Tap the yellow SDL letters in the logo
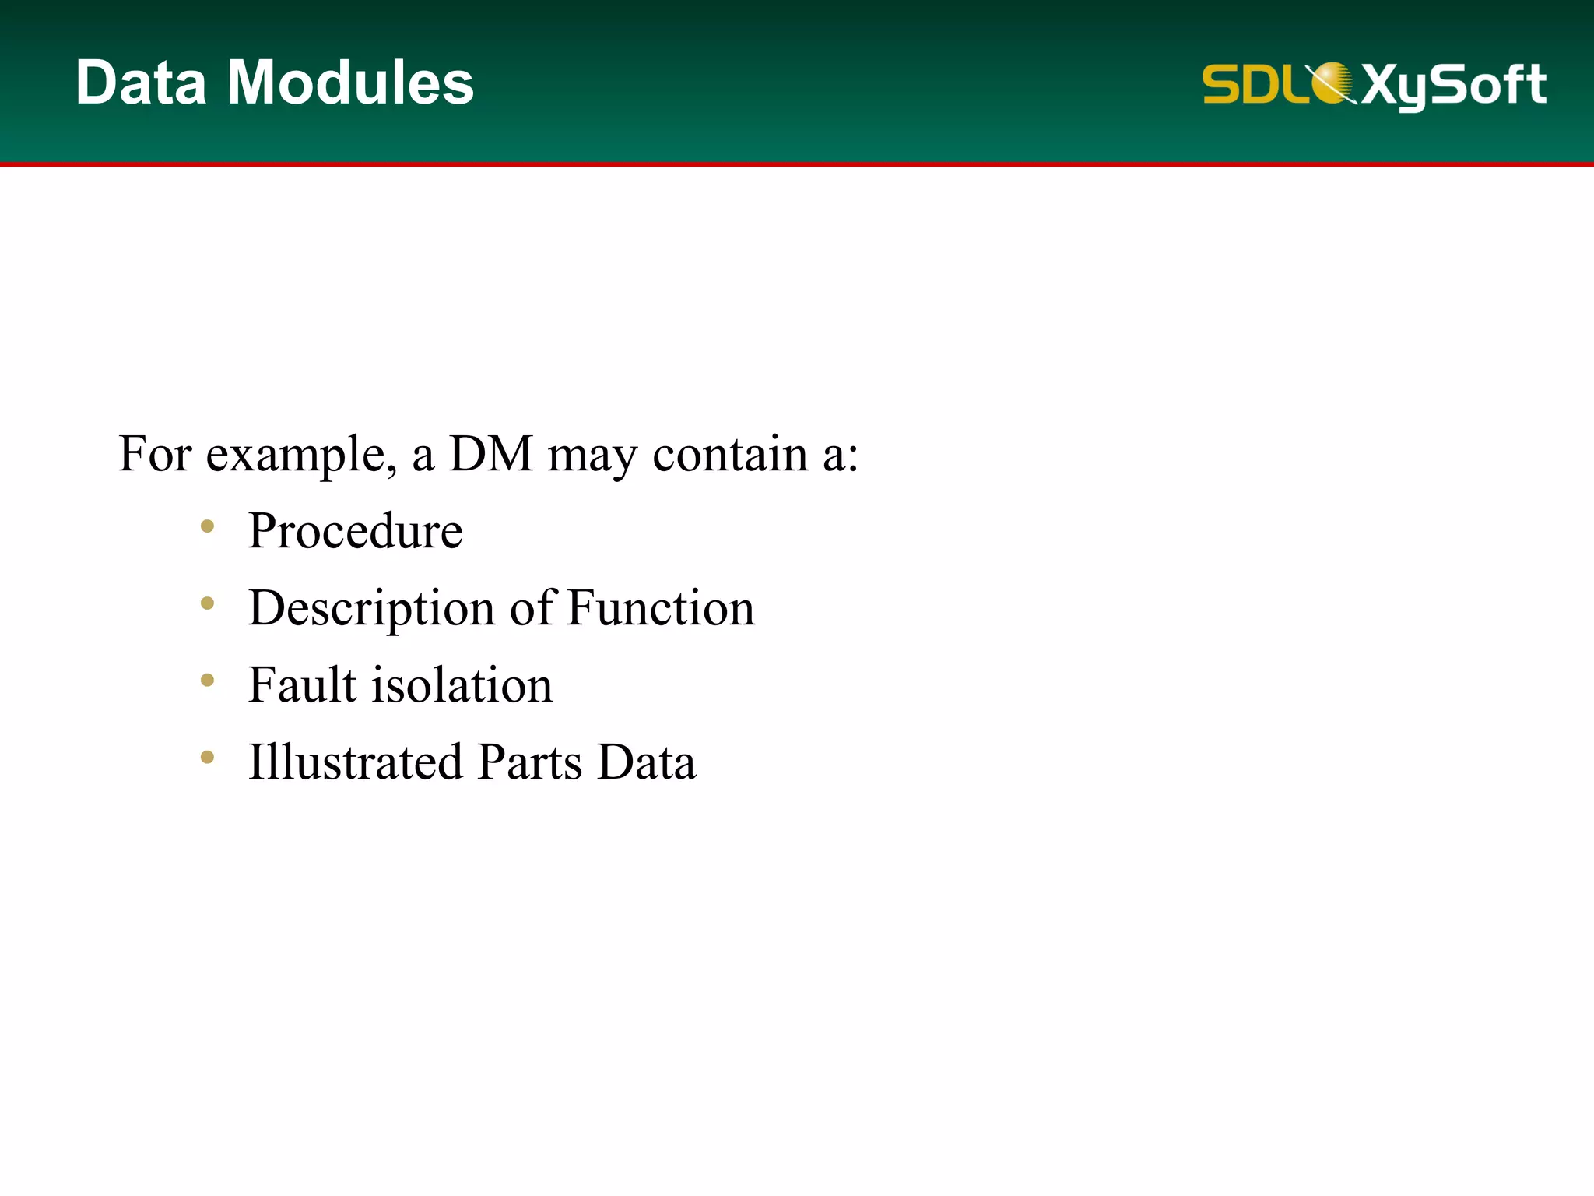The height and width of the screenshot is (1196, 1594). (x=1253, y=83)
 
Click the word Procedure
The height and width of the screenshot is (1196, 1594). (x=355, y=531)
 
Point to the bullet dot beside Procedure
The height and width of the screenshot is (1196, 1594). (x=207, y=526)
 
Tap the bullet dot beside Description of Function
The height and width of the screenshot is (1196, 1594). (x=207, y=603)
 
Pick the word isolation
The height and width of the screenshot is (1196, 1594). (x=462, y=685)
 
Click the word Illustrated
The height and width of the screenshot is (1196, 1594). (x=355, y=762)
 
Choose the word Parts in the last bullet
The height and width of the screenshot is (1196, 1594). (x=530, y=762)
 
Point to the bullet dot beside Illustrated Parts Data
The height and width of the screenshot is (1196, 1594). (x=207, y=757)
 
